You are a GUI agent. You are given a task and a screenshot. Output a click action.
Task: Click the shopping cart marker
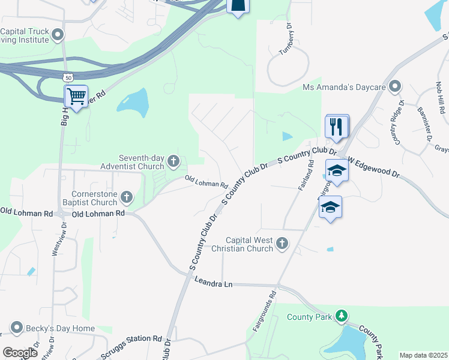(76, 96)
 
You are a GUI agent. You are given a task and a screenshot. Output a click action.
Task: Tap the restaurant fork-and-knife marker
(337, 126)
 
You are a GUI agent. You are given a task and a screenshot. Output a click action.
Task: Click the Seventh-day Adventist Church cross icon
(173, 160)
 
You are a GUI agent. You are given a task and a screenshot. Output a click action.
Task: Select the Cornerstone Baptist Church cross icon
(127, 196)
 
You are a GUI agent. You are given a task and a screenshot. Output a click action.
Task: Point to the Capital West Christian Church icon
(282, 243)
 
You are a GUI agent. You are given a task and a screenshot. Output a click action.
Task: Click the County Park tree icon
(341, 316)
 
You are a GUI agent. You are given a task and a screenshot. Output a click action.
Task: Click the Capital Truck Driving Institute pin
(58, 34)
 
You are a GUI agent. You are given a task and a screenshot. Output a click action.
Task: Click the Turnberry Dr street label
(286, 40)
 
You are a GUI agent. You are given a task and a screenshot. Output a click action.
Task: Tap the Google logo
(20, 353)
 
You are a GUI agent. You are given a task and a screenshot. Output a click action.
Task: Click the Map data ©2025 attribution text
(423, 355)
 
